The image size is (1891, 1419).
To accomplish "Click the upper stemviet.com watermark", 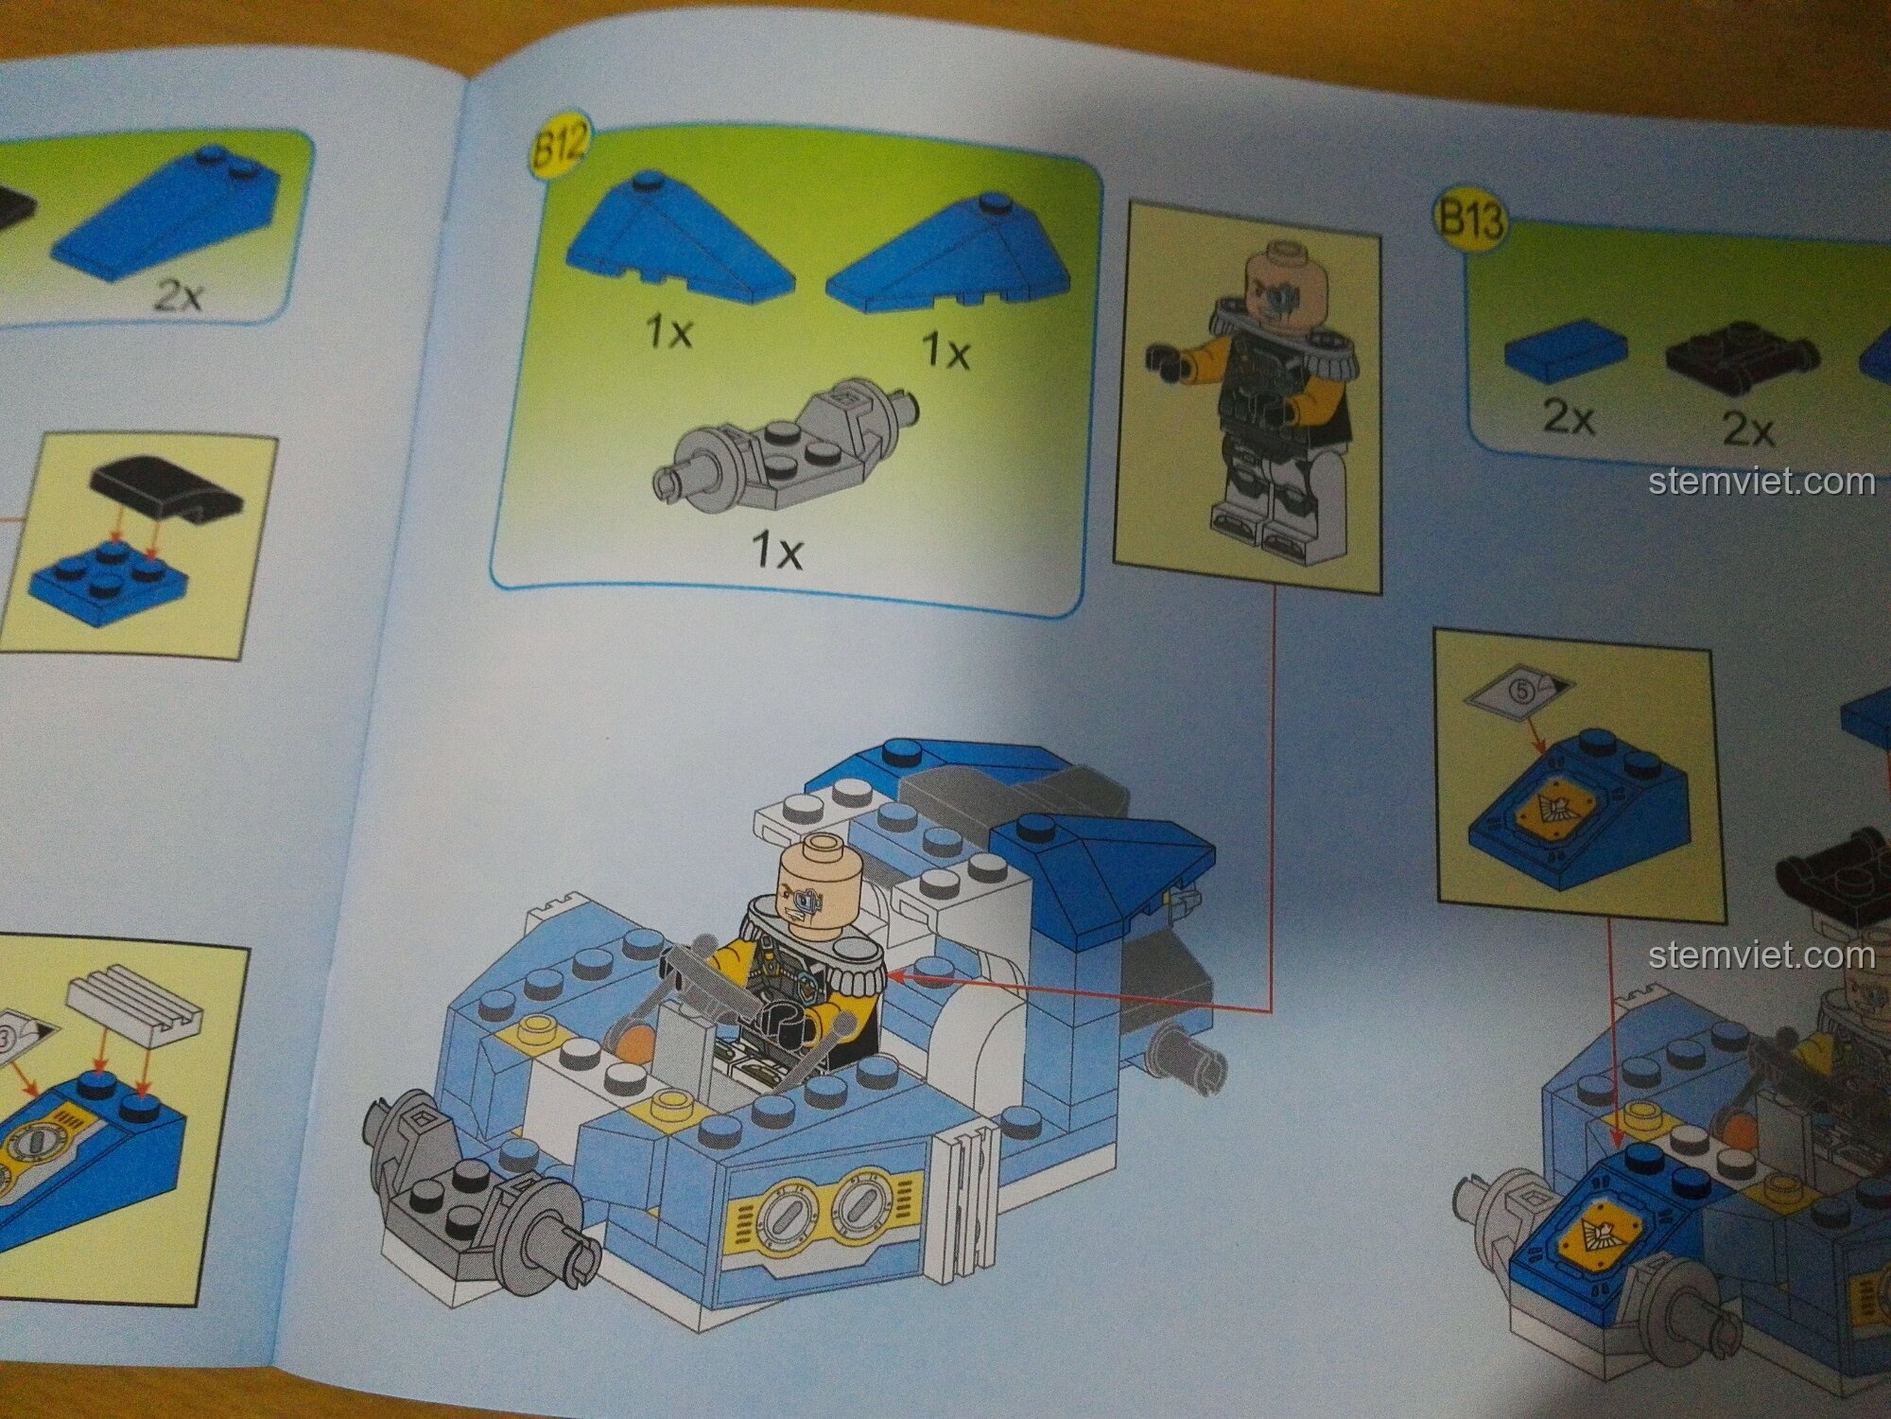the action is (1761, 482).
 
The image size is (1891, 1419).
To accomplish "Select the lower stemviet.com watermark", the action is (1761, 955).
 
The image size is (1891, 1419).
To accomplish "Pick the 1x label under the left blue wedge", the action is (669, 331).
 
